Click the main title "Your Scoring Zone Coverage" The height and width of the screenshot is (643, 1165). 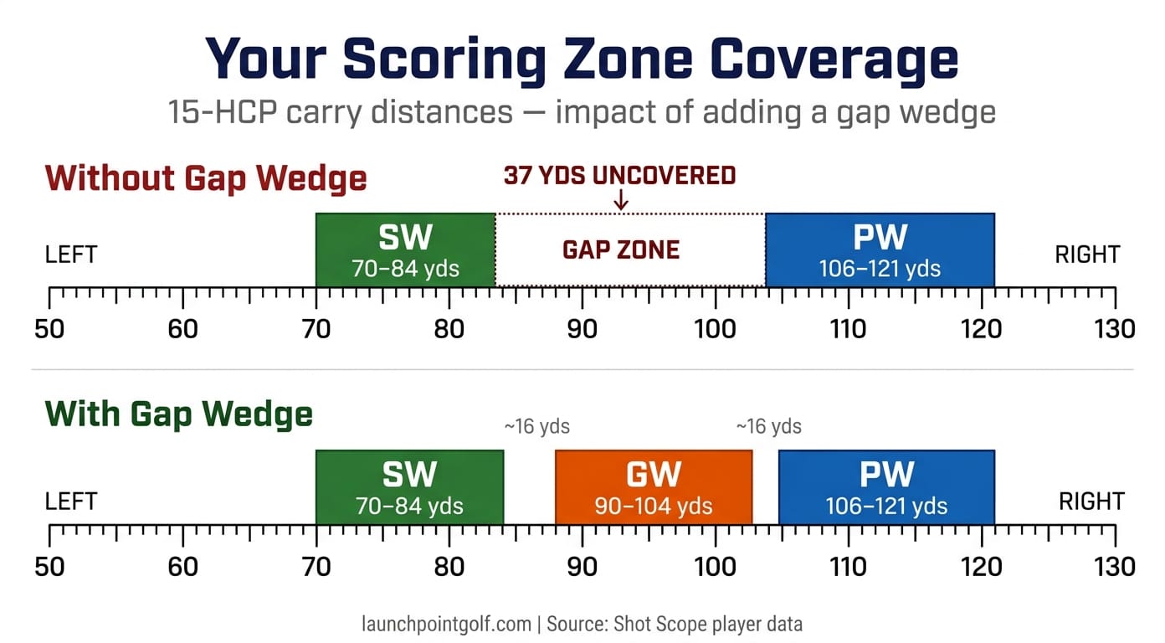point(582,59)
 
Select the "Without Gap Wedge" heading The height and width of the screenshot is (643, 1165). point(206,178)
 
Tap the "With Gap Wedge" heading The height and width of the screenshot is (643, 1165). point(179,414)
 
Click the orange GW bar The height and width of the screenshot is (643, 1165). point(654,487)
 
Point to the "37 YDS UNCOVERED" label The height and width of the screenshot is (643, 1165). point(619,176)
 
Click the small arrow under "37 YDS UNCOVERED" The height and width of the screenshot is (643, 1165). point(620,200)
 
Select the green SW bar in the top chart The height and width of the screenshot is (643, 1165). point(406,249)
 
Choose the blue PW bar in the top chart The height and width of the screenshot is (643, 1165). point(880,249)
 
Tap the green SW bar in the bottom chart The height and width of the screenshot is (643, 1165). point(409,487)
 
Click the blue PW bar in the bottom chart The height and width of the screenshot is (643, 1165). point(886,487)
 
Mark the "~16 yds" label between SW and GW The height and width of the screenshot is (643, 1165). point(536,427)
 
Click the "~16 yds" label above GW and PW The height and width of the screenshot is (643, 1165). point(768,427)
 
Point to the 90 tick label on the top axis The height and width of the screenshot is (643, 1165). point(582,329)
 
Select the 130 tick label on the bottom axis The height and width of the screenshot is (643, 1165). point(1114,567)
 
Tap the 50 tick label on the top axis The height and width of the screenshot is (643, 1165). point(49,329)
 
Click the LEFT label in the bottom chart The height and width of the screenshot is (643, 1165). point(71,502)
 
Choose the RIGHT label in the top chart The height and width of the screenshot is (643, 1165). point(1087,255)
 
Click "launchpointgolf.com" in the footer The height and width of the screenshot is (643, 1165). point(446,624)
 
